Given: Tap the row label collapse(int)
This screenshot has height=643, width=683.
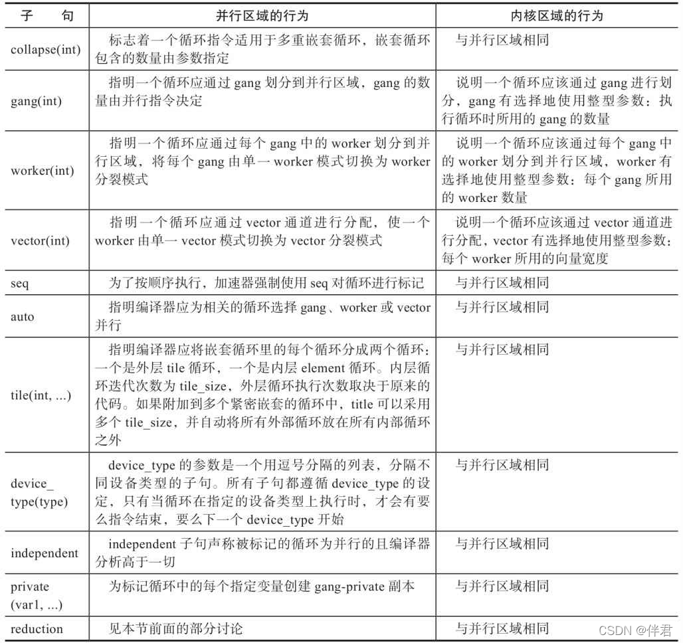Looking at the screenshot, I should click(46, 50).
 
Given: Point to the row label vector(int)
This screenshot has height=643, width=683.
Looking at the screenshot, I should click(40, 241).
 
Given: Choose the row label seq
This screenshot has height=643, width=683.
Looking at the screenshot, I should click(20, 284).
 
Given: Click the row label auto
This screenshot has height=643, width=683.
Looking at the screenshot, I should click(23, 316).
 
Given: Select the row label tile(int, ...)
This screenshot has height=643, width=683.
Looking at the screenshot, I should click(42, 395).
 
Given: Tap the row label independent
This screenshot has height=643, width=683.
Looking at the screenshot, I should click(45, 553).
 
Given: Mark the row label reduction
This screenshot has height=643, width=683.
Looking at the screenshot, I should click(37, 628).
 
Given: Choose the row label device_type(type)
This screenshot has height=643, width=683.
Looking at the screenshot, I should click(39, 492).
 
